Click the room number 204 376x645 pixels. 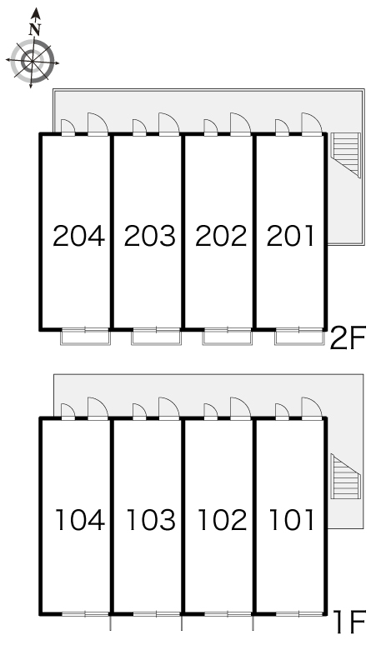[79, 236]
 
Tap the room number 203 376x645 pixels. [150, 236]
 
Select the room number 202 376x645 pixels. [221, 236]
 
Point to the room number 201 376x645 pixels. [290, 236]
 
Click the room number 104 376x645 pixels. [80, 519]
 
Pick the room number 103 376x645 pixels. [151, 519]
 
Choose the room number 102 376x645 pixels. [222, 519]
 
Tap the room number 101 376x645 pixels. [292, 519]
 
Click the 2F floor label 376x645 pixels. [348, 338]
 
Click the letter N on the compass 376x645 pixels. [35, 29]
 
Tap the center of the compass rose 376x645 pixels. [33, 62]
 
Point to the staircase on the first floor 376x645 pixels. [345, 477]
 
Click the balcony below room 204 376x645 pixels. [86, 337]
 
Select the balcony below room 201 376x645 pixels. [300, 337]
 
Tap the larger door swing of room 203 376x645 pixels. [169, 123]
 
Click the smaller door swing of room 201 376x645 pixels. [282, 127]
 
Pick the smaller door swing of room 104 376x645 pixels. [68, 412]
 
